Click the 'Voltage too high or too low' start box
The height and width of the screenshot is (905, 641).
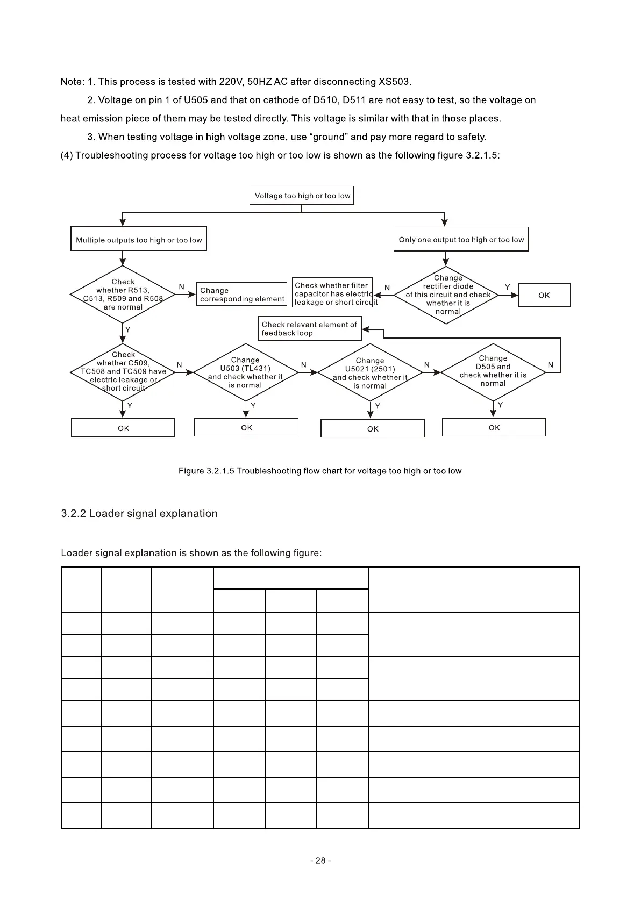(302, 196)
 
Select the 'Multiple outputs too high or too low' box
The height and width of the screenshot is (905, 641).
(139, 239)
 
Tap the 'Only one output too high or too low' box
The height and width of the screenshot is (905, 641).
(461, 239)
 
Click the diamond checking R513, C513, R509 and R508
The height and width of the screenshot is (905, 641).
(123, 295)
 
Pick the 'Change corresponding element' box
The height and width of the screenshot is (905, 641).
(242, 295)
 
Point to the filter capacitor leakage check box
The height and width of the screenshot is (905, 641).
(333, 293)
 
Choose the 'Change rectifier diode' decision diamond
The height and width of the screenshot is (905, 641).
(447, 295)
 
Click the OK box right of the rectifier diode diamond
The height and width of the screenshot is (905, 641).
(544, 295)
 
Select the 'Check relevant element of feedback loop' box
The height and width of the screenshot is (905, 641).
(309, 328)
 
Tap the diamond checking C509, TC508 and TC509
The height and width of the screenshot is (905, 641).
(123, 371)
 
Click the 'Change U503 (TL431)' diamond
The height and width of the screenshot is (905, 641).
(246, 372)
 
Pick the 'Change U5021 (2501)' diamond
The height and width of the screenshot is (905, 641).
(370, 373)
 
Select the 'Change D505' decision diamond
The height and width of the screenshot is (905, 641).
(493, 371)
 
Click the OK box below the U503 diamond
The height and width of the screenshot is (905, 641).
(246, 428)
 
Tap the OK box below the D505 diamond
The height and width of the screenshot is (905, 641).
(494, 428)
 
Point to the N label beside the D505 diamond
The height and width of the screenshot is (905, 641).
(550, 365)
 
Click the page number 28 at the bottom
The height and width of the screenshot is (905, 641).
(320, 860)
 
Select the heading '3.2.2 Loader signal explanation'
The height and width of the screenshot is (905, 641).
(139, 513)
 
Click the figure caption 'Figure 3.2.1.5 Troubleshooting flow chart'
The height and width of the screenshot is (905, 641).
(320, 471)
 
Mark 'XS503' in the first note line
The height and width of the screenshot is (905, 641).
(394, 82)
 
